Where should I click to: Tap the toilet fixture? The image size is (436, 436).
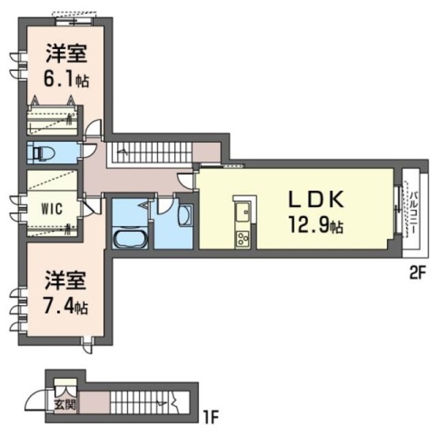point(41,152)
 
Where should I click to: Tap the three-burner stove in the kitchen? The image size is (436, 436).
point(243,238)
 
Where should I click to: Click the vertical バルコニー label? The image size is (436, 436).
point(413,214)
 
